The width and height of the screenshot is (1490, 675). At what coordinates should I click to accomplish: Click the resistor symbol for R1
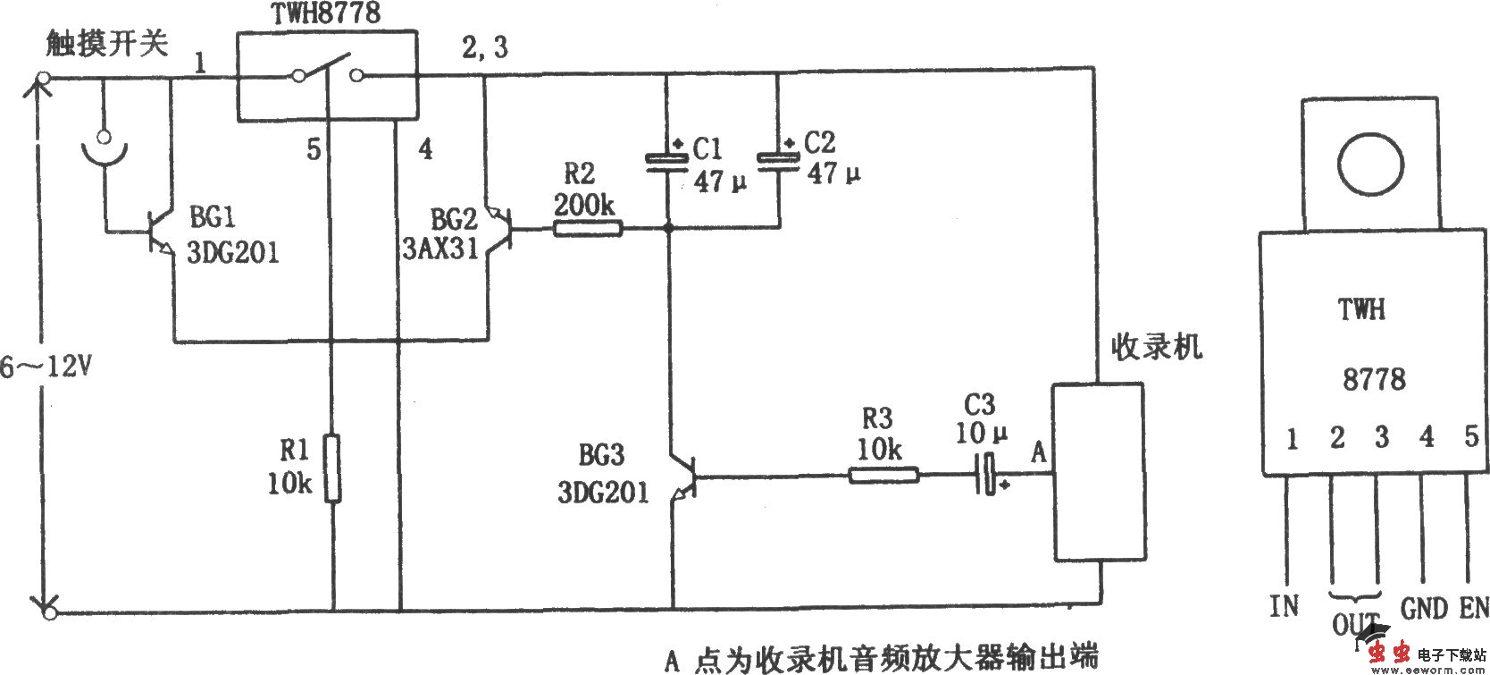coord(332,468)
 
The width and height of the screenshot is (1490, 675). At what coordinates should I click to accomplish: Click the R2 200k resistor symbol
coord(587,229)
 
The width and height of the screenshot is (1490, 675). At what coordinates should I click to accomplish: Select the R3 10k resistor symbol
coord(883,474)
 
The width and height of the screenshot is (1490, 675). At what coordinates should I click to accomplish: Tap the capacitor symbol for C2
coord(779,158)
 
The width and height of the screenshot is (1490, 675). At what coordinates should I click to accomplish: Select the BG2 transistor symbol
coord(497,231)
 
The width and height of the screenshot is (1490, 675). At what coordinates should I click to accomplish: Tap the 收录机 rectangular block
coord(1097,472)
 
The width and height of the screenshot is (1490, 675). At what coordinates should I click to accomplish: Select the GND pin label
coord(1424,609)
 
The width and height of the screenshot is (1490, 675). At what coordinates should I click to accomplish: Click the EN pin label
coord(1474,609)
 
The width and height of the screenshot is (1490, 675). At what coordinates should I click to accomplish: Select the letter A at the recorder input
coord(1038,451)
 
